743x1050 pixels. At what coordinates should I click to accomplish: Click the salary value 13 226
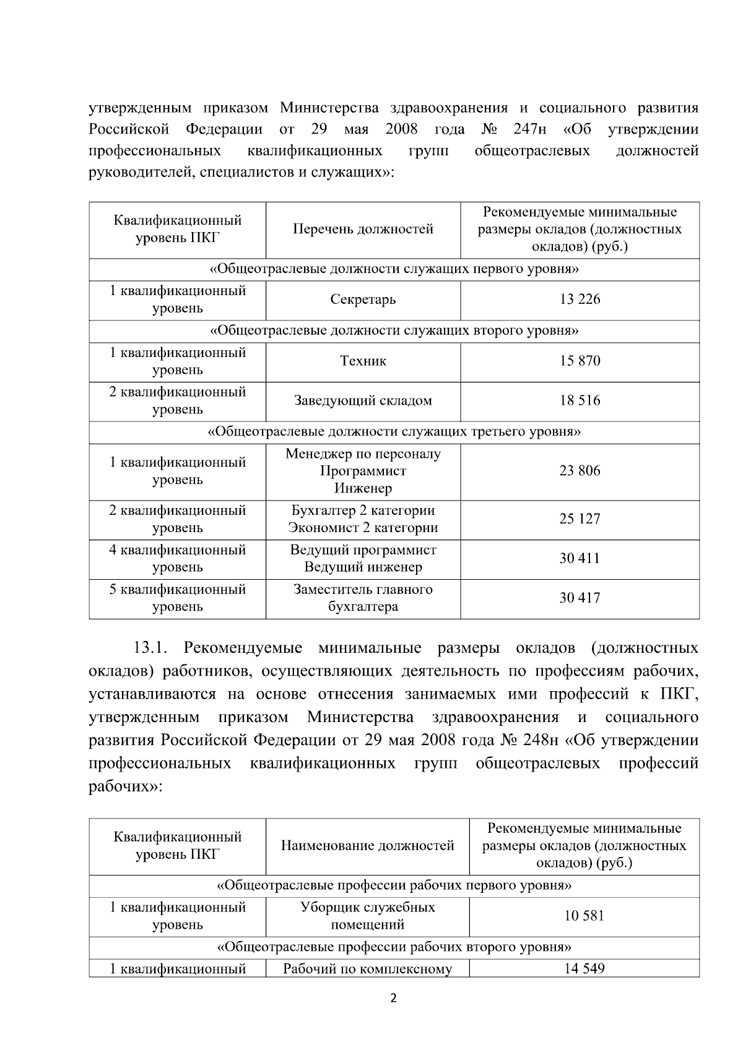pyautogui.click(x=580, y=299)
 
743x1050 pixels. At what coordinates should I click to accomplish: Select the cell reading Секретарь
pyautogui.click(x=363, y=299)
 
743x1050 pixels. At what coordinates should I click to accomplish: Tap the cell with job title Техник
pyautogui.click(x=363, y=361)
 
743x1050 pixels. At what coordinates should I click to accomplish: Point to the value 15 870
pyautogui.click(x=580, y=361)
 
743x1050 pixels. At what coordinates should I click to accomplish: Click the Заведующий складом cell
pyautogui.click(x=363, y=401)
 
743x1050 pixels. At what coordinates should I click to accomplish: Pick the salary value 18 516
pyautogui.click(x=580, y=401)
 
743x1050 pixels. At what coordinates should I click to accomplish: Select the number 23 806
pyautogui.click(x=580, y=471)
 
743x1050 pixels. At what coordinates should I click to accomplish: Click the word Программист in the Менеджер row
pyautogui.click(x=363, y=471)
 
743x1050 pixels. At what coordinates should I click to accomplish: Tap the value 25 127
pyautogui.click(x=580, y=519)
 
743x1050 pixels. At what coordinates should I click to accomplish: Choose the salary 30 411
pyautogui.click(x=580, y=559)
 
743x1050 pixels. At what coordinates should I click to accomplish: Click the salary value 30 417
pyautogui.click(x=580, y=598)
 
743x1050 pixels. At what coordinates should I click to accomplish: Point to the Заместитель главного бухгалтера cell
pyautogui.click(x=363, y=598)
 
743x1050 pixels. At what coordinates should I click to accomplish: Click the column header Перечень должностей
pyautogui.click(x=363, y=230)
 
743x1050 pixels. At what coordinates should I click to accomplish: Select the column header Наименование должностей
pyautogui.click(x=367, y=846)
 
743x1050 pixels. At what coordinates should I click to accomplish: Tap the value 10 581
pyautogui.click(x=584, y=916)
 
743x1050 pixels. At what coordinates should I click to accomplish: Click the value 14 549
pyautogui.click(x=584, y=969)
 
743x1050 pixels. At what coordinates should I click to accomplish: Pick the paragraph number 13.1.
pyautogui.click(x=150, y=648)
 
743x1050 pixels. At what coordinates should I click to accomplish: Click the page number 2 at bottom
pyautogui.click(x=394, y=998)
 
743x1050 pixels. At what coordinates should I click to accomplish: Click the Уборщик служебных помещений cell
pyautogui.click(x=367, y=916)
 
